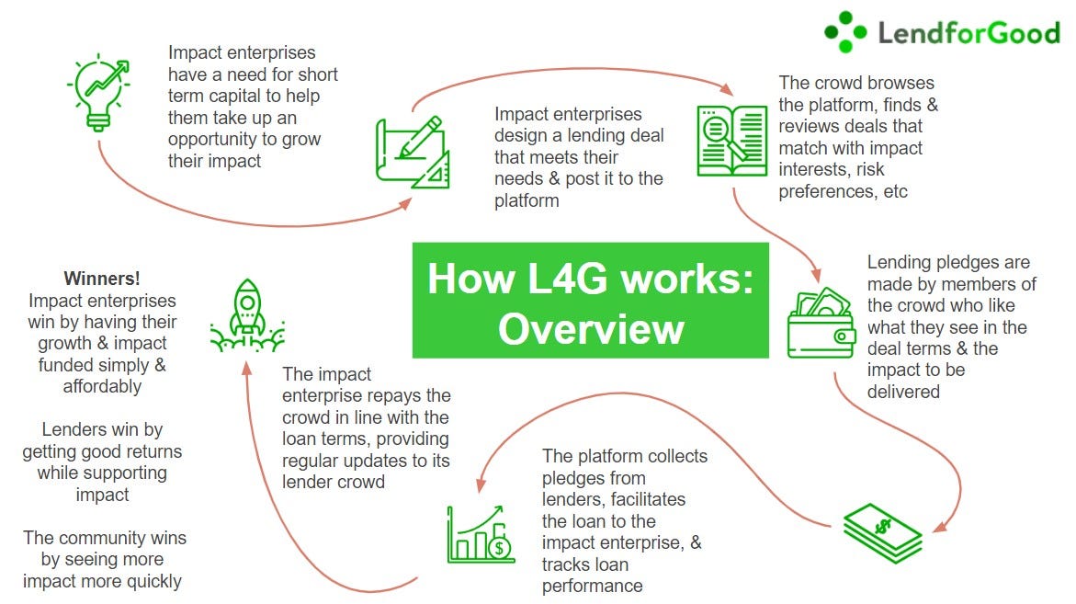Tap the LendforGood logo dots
845,32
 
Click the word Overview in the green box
590,328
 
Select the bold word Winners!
100,279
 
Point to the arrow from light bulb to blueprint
230,222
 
